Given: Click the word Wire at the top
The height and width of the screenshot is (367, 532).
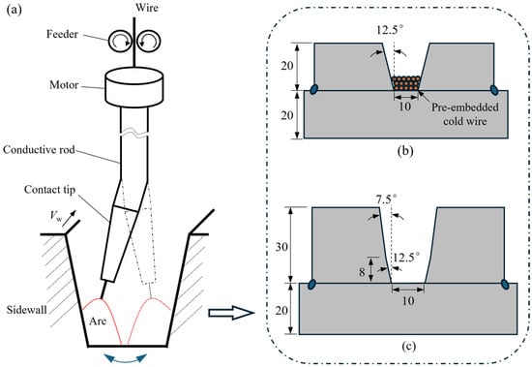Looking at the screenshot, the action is [x=147, y=8].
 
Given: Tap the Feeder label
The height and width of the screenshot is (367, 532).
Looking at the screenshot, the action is [x=63, y=34].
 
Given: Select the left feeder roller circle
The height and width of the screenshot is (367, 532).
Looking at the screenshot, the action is [x=120, y=41].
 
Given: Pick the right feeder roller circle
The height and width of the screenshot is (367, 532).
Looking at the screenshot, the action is [x=149, y=41].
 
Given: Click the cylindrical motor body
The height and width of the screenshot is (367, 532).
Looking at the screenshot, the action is [x=134, y=86].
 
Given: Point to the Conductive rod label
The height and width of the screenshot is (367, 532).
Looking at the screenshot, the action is [x=39, y=149].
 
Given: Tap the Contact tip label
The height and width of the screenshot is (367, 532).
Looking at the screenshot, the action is [x=49, y=189].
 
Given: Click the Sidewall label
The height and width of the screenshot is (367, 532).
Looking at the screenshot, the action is [x=27, y=310].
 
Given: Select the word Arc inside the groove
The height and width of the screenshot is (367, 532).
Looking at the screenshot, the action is [x=98, y=321].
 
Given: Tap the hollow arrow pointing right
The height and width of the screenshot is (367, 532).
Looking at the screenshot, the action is [x=231, y=313].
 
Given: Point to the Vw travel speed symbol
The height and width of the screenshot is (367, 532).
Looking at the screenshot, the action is [x=56, y=216].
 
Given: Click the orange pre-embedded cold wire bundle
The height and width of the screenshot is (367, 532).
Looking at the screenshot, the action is [x=406, y=83].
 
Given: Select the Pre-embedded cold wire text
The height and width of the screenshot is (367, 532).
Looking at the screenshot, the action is [x=465, y=114].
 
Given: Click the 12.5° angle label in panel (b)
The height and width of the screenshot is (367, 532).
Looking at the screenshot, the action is [x=390, y=30].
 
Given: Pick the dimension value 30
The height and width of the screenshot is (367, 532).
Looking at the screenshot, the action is [x=281, y=247].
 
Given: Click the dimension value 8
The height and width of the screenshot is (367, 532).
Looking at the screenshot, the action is [x=362, y=272].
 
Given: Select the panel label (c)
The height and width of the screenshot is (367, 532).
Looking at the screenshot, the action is [x=408, y=346].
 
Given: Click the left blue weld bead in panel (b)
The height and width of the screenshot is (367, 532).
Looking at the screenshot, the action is [x=315, y=89].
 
